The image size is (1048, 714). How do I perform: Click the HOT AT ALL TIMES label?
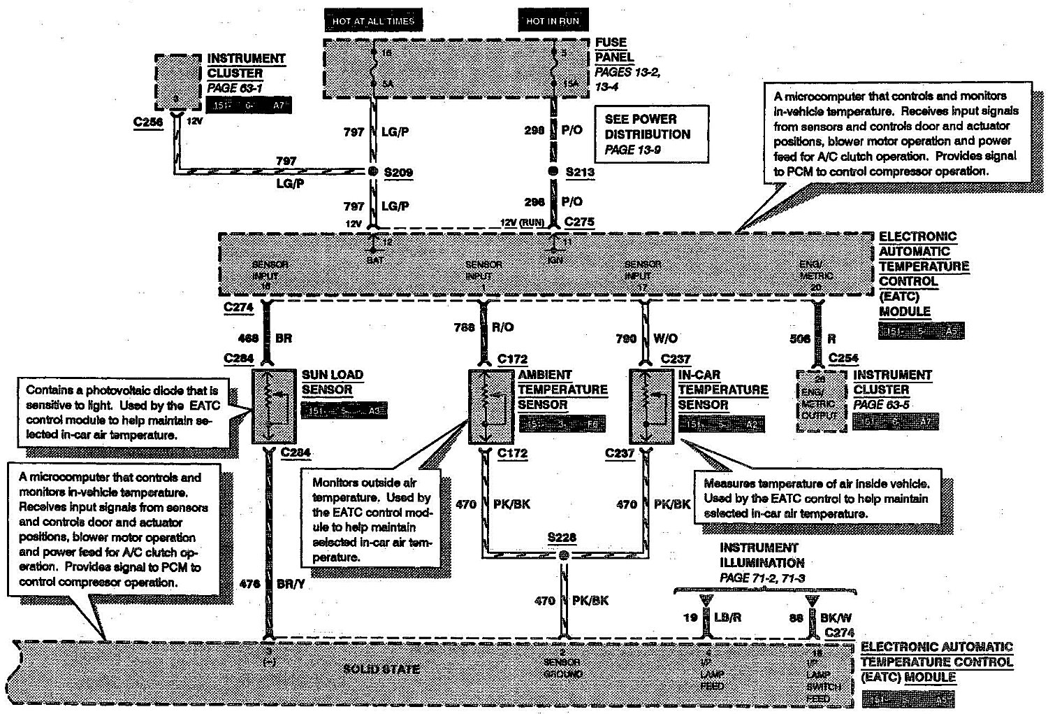(x=373, y=21)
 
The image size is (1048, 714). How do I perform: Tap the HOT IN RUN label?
(x=553, y=21)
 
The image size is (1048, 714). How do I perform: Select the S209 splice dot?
(x=373, y=172)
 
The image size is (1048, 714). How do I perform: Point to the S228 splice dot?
(x=564, y=555)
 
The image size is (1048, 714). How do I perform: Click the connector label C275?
(x=579, y=222)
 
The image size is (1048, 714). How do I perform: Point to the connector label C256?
(x=148, y=122)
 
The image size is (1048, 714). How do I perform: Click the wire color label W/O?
(x=665, y=338)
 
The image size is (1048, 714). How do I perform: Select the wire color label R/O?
(x=504, y=326)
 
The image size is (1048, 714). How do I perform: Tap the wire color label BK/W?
(x=835, y=617)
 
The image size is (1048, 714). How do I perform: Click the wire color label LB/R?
(x=728, y=617)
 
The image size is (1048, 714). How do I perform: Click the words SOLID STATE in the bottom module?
(x=382, y=669)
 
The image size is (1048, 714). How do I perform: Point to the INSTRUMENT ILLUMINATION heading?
(x=762, y=555)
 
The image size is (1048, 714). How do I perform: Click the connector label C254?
(x=843, y=358)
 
